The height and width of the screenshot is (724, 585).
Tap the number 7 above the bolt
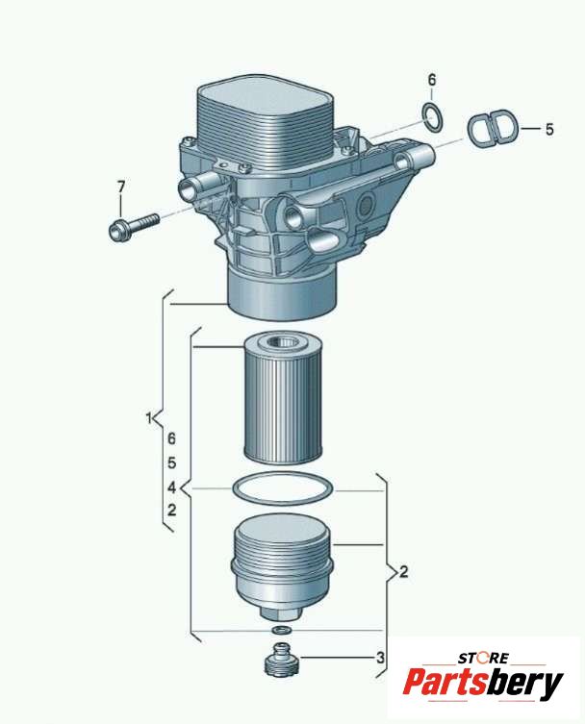coord(120,187)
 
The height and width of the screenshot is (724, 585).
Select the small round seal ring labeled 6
coord(432,116)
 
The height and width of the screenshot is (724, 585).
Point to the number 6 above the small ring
coord(432,80)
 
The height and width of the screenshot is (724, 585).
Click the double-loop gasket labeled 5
coord(491,127)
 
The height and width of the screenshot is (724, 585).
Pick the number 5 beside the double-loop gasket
coord(549,129)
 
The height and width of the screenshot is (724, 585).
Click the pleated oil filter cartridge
coord(282,398)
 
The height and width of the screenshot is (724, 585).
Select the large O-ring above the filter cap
coord(283,490)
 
